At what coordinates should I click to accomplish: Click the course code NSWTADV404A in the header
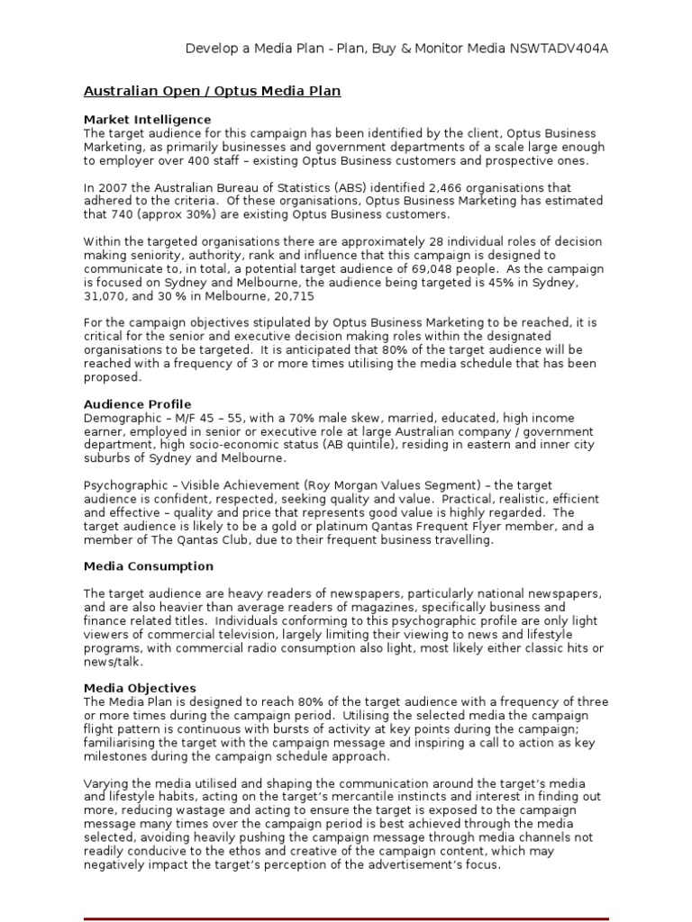click(562, 48)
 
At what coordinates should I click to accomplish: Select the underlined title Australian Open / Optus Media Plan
click(212, 91)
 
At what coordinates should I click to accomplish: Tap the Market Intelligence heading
click(147, 119)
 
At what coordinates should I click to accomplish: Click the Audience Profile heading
click(137, 404)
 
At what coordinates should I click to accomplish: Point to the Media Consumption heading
click(149, 566)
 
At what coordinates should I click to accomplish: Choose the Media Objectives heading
click(140, 688)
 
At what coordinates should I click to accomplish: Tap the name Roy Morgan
click(321, 485)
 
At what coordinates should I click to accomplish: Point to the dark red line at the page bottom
click(346, 917)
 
